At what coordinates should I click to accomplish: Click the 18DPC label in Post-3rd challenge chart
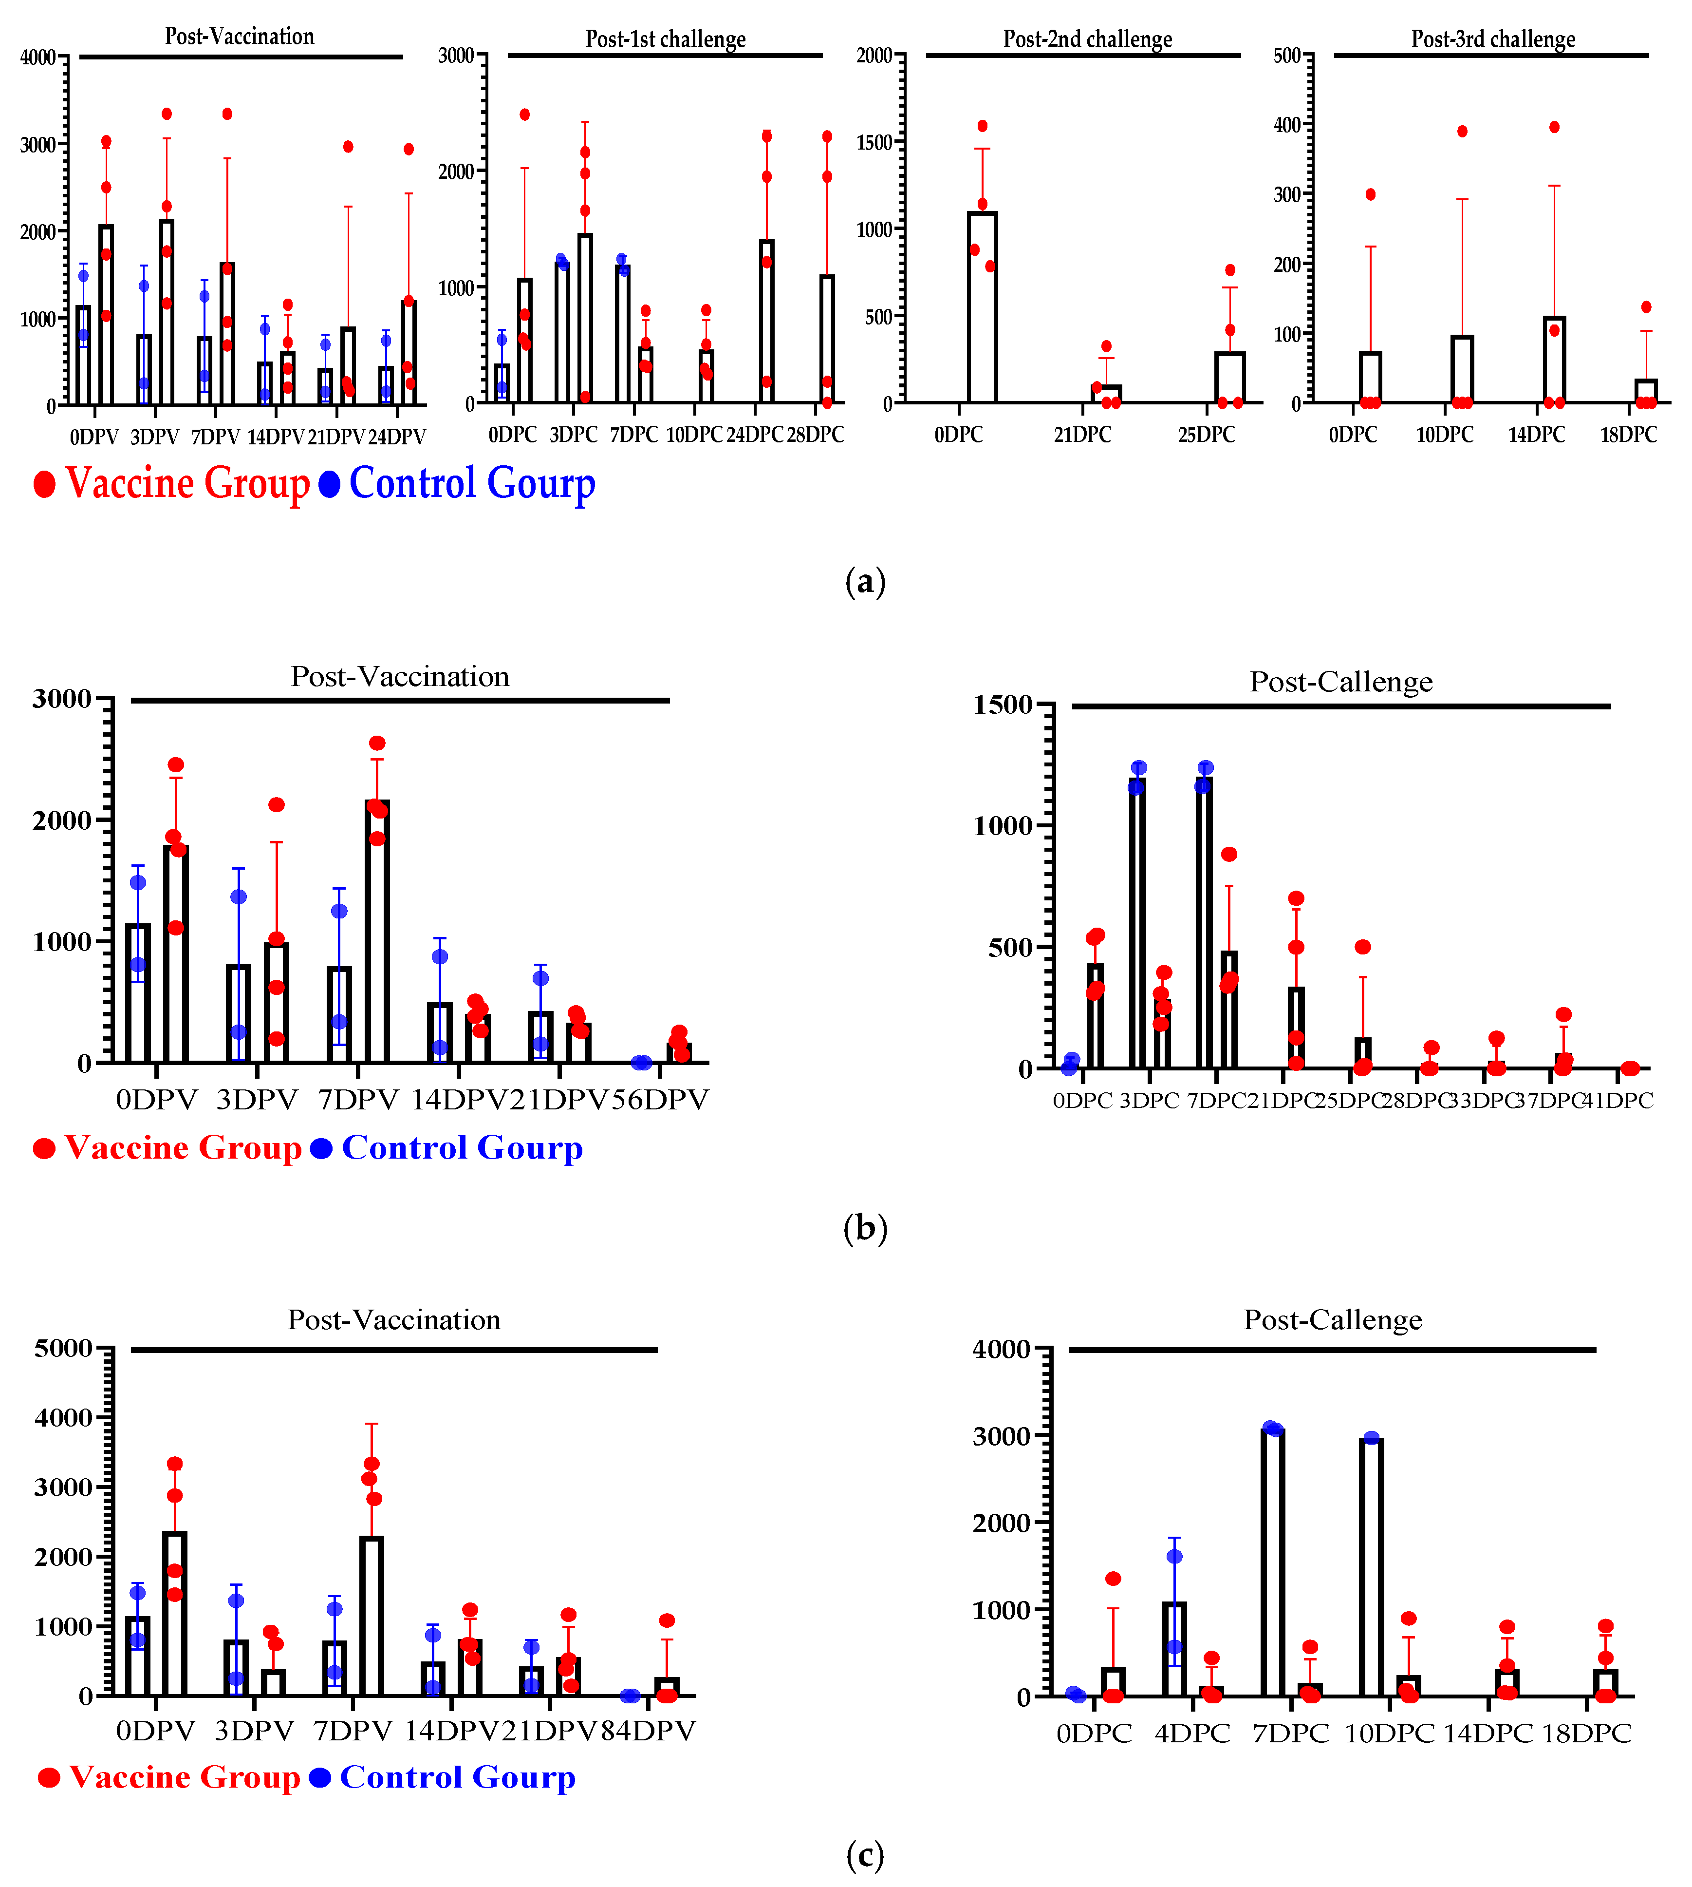click(x=1628, y=434)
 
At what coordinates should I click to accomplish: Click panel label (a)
click(x=865, y=582)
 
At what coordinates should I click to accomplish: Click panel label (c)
click(x=865, y=1855)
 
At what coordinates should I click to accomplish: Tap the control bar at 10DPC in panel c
click(x=1370, y=1567)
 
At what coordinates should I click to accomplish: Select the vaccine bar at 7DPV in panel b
click(x=376, y=930)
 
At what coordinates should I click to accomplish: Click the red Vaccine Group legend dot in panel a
click(x=44, y=484)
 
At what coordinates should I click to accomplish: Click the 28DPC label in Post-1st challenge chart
click(x=815, y=434)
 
